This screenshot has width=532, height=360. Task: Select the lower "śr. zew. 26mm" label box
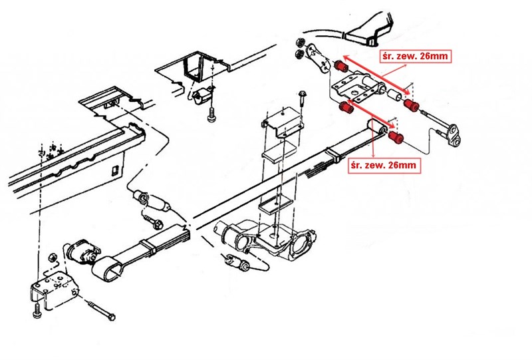(384, 164)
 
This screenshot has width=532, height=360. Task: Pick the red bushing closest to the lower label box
(396, 137)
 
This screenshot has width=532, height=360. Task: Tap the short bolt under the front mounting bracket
(37, 309)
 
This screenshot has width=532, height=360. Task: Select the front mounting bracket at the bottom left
(51, 290)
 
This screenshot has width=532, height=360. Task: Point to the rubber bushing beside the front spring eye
(81, 252)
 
